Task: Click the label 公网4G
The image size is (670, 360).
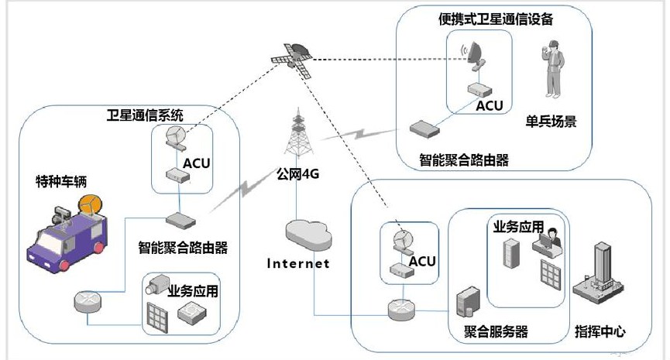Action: (298, 174)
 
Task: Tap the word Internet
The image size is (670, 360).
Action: (298, 263)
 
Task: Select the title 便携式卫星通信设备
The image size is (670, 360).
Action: (496, 19)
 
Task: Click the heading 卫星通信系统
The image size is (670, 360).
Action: (145, 116)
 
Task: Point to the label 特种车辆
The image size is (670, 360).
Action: (62, 182)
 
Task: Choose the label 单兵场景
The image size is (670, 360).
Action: (551, 122)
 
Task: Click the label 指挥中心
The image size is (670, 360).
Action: (600, 332)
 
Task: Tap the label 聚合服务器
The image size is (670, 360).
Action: (491, 332)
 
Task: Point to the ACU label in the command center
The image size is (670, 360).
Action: (422, 261)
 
